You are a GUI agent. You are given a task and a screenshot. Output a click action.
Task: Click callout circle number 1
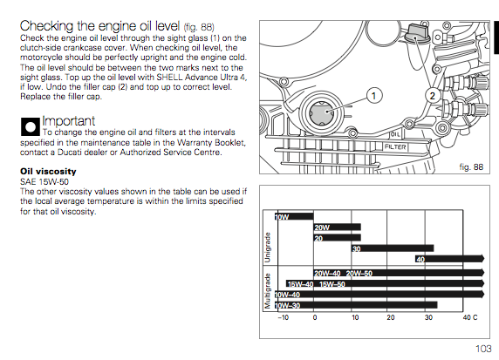[x=374, y=96]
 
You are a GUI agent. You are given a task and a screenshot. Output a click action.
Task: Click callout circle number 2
[x=432, y=96]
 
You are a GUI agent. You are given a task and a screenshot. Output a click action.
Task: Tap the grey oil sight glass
[x=321, y=112]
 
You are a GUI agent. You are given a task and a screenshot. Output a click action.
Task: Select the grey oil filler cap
[x=416, y=33]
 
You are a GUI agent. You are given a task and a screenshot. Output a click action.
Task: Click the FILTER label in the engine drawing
[x=395, y=147]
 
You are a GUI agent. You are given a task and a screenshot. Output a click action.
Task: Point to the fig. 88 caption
[x=471, y=167]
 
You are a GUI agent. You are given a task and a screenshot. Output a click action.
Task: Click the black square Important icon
[x=31, y=127]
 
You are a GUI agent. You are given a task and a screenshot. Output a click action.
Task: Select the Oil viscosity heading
[x=48, y=172]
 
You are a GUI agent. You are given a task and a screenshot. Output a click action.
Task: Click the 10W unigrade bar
[x=294, y=216]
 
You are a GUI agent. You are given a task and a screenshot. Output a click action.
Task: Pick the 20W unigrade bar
[x=338, y=227]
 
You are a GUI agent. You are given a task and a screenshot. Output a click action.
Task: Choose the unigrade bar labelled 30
[x=393, y=248]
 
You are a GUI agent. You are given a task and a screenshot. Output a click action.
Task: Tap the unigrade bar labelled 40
[x=449, y=259]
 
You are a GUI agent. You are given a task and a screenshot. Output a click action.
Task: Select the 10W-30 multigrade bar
[x=356, y=305]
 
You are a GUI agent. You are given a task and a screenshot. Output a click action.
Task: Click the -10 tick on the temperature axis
[x=283, y=317]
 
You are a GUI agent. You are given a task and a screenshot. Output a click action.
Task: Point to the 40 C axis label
[x=470, y=317]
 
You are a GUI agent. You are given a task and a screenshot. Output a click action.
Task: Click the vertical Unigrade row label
[x=268, y=248]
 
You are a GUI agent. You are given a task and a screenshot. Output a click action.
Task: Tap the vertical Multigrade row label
[x=268, y=290]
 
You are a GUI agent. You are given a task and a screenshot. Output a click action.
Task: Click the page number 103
[x=483, y=349]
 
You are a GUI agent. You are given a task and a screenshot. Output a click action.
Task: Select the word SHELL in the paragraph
[x=169, y=78]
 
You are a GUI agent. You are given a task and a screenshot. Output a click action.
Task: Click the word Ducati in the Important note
[x=69, y=153]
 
